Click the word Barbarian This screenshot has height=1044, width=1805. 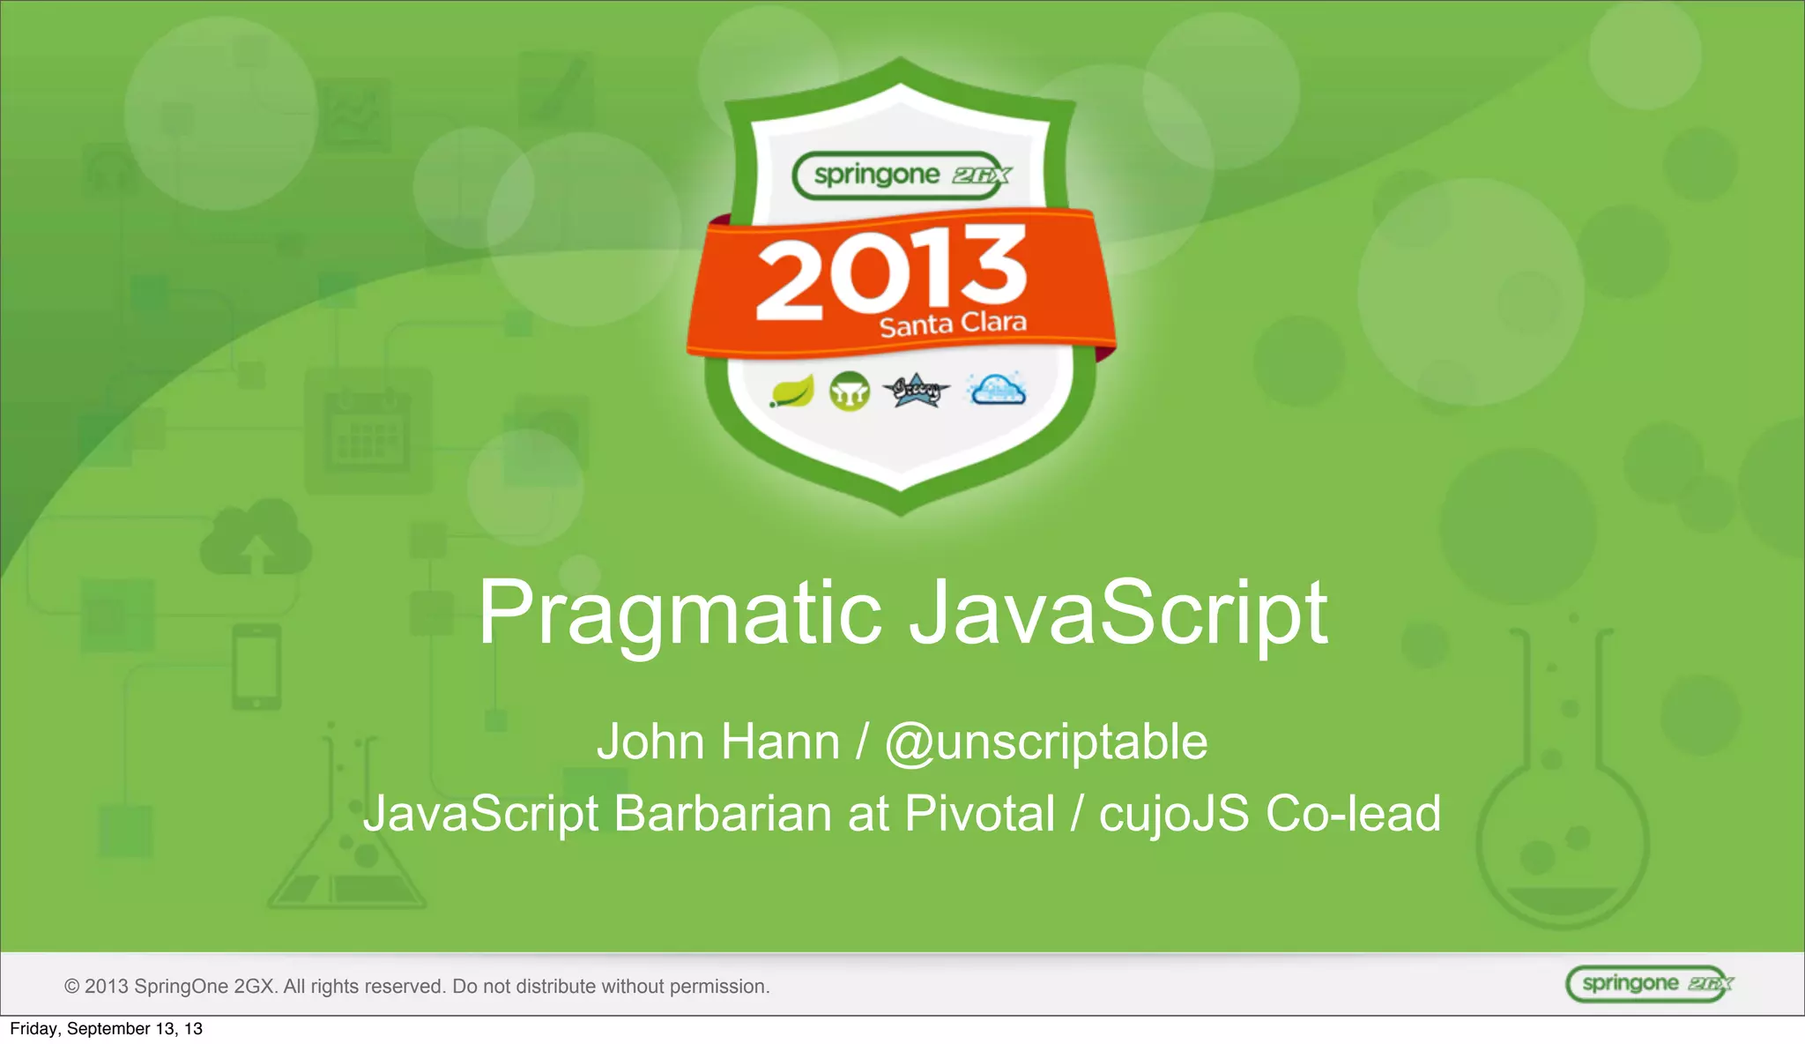tap(722, 813)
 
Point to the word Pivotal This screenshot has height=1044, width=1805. tap(979, 813)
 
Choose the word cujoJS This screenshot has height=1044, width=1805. tap(1173, 813)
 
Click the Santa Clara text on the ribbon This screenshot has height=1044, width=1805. tap(953, 324)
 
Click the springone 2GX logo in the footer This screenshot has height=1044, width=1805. tap(1647, 984)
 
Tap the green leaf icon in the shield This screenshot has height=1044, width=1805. tap(791, 391)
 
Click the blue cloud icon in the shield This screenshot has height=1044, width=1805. tap(997, 389)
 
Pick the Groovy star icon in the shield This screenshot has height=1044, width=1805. tap(917, 390)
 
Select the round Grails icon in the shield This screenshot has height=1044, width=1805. tap(850, 391)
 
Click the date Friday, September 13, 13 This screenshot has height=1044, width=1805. tap(106, 1029)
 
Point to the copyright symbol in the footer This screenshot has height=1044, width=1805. tap(71, 987)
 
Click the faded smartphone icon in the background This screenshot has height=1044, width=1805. tap(256, 667)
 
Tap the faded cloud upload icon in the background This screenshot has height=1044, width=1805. tap(256, 538)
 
